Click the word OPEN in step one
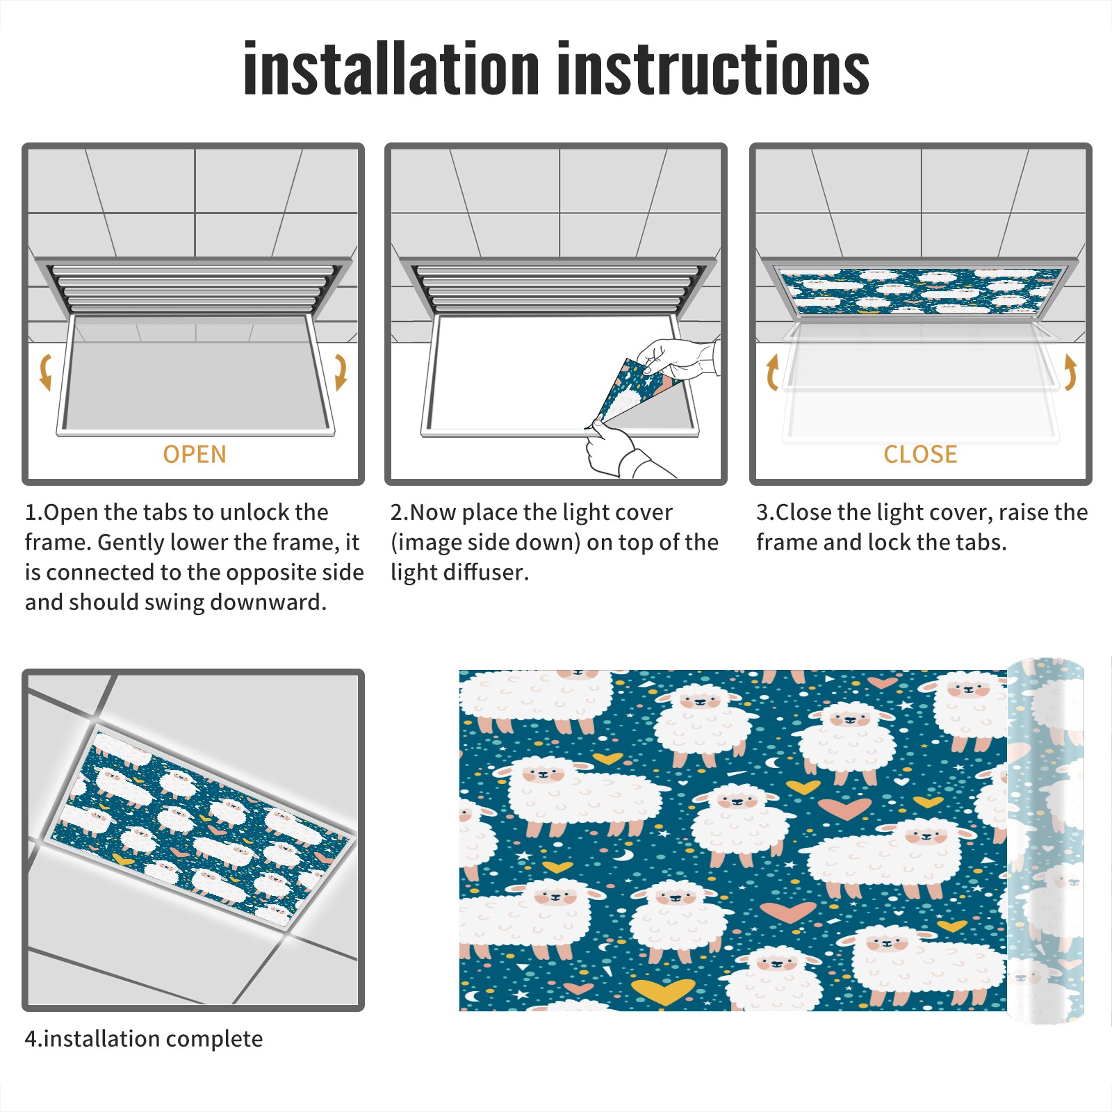(x=195, y=455)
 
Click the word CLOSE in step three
(x=920, y=455)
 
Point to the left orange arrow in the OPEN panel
(x=45, y=372)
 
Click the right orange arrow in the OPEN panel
(x=341, y=372)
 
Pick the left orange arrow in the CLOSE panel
(x=771, y=372)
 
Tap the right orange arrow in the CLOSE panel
(x=1070, y=372)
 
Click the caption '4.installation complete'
(x=144, y=1038)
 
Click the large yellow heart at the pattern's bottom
(x=662, y=992)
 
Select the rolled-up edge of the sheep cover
(x=1045, y=841)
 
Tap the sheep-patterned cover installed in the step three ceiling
(x=920, y=291)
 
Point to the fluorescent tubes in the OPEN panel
(x=195, y=288)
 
